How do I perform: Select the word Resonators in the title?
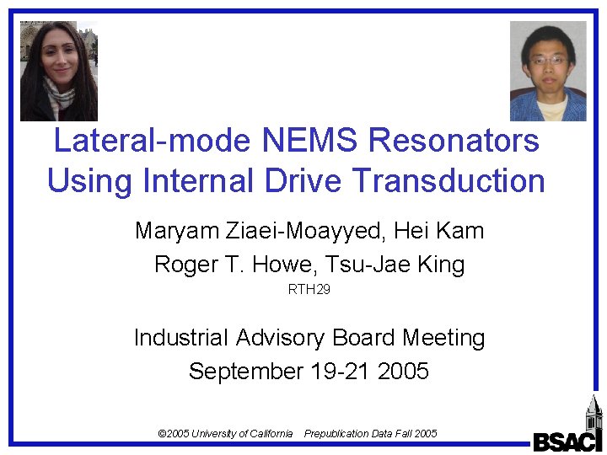[456, 140]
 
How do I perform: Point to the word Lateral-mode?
[142, 140]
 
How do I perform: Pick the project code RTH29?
[309, 291]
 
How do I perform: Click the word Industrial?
[180, 338]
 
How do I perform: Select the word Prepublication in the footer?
[336, 434]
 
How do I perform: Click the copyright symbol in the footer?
[162, 434]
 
